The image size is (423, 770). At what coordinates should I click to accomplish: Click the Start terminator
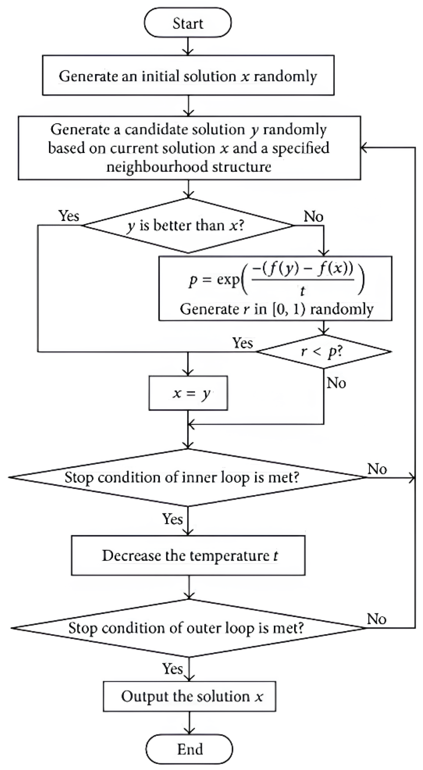(188, 23)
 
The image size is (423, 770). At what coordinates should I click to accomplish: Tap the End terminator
(189, 749)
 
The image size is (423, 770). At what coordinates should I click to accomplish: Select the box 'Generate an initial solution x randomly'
(188, 75)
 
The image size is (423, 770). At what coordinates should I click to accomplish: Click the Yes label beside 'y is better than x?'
(69, 215)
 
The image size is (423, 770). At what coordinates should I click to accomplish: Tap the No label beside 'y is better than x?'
(313, 216)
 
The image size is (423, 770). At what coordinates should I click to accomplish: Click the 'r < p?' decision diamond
(323, 352)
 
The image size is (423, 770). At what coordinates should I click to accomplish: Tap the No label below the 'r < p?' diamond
(336, 383)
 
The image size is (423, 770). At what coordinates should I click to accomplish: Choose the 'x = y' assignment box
(188, 393)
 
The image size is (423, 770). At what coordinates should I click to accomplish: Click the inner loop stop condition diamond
(188, 477)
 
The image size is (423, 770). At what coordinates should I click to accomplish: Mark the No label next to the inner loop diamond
(377, 469)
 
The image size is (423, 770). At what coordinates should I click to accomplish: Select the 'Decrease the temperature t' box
(188, 555)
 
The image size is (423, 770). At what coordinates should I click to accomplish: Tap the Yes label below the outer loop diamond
(172, 668)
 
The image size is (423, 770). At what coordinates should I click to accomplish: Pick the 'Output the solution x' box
(189, 696)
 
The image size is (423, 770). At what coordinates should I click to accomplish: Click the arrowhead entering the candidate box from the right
(364, 148)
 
